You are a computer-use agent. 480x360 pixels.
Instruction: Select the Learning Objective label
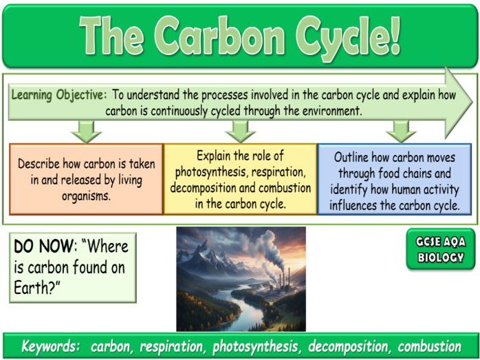point(58,95)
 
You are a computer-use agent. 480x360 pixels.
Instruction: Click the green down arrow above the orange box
point(86,129)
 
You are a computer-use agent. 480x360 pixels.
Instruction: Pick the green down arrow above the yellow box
point(240,129)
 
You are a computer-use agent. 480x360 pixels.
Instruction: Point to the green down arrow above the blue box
point(401,129)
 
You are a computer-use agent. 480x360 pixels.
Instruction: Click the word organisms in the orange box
point(86,195)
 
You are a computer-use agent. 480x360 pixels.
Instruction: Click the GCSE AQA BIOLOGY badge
point(440,249)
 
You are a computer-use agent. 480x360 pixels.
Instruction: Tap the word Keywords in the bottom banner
point(52,346)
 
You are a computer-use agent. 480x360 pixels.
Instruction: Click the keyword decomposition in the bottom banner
point(349,346)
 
